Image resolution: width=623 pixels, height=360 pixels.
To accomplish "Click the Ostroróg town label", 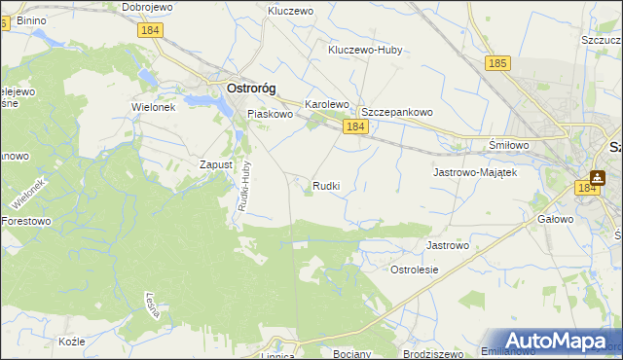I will tap(251, 88).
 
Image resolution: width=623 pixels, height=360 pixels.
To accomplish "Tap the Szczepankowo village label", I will tap(397, 112).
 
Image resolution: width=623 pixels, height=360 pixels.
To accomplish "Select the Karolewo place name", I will tap(327, 103).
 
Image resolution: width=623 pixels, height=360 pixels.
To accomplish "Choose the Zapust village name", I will tap(215, 164).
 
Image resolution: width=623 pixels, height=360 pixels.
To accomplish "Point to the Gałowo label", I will tap(555, 220).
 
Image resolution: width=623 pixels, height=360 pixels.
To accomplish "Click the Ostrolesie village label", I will tap(414, 269).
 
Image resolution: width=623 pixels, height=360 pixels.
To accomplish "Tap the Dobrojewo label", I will tap(148, 7).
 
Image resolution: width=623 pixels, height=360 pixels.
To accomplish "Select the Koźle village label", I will tap(72, 342).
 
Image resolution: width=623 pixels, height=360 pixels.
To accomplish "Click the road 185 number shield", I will tap(498, 63).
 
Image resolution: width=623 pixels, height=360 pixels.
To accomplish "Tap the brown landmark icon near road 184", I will tap(596, 178).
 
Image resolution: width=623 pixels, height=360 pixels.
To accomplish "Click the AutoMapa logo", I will tap(560, 340).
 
